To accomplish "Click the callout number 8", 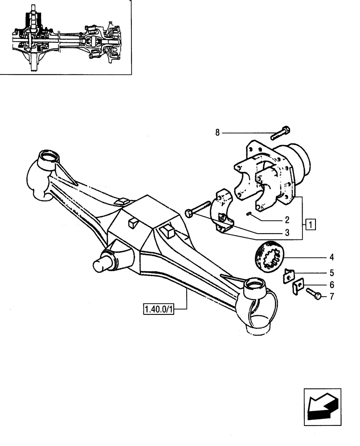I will (217, 132).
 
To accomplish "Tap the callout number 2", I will (287, 219).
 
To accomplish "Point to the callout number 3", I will (287, 232).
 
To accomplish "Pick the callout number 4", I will (331, 257).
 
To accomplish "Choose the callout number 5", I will (331, 272).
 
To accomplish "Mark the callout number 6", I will (331, 285).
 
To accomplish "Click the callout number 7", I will (331, 296).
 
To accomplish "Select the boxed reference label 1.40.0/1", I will (158, 309).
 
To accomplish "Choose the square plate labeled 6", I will (297, 288).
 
